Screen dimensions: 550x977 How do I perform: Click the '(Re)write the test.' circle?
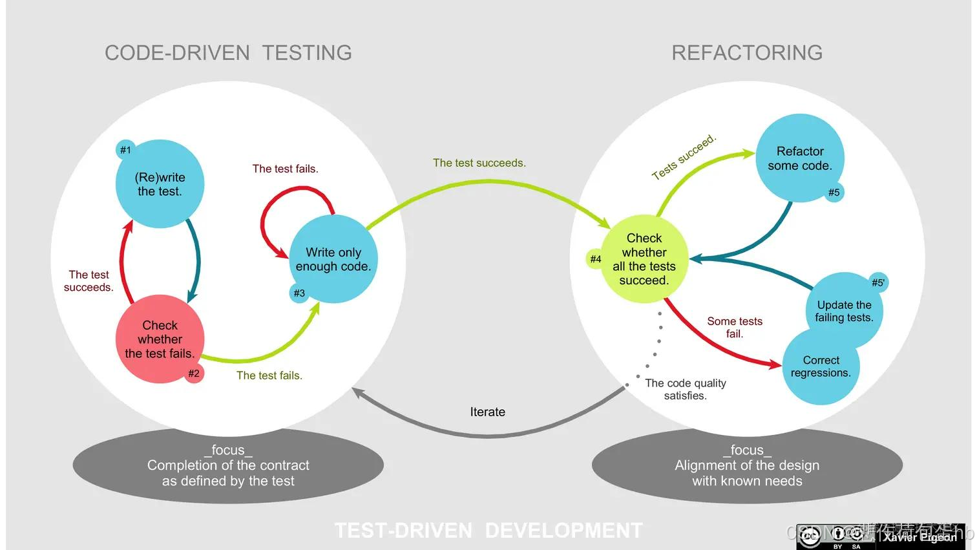tap(160, 184)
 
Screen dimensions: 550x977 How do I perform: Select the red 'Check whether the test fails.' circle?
tap(160, 339)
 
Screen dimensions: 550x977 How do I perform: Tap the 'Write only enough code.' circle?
tap(333, 259)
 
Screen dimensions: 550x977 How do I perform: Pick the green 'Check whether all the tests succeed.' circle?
tap(644, 259)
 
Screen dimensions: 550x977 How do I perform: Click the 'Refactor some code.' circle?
tap(800, 158)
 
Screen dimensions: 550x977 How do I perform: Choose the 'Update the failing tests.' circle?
tap(844, 310)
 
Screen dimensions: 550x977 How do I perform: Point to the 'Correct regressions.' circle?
tap(821, 366)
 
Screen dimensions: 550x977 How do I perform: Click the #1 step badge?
tap(125, 150)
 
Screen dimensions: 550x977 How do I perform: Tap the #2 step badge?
tap(194, 374)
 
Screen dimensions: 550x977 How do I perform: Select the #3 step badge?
tap(299, 293)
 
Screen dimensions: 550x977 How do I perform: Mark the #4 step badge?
tap(595, 259)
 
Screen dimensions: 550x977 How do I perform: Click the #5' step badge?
tap(878, 282)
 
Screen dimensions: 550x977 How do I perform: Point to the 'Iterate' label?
tap(488, 412)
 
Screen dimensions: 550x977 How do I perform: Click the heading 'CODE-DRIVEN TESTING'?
tap(228, 52)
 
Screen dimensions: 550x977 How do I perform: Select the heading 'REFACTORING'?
tap(747, 52)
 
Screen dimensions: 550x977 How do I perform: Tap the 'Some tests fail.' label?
tap(735, 327)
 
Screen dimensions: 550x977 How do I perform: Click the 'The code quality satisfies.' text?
tap(686, 389)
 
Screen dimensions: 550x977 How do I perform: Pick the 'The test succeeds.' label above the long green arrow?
tap(479, 163)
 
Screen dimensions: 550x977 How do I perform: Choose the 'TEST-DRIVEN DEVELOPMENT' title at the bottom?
tap(488, 531)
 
